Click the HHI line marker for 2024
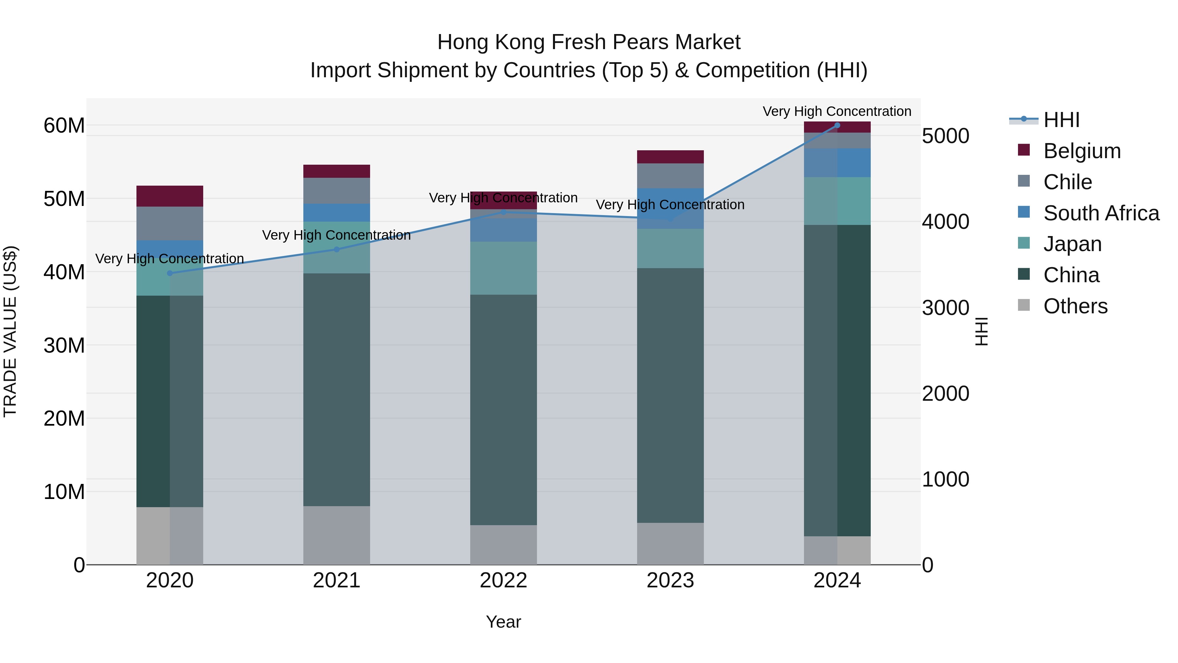[x=837, y=125]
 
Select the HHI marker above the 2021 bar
[x=337, y=249]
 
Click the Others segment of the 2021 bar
[x=337, y=535]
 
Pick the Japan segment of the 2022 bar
[x=504, y=268]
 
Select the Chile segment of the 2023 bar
[x=670, y=176]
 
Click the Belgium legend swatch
[x=1024, y=150]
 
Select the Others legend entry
[x=1075, y=306]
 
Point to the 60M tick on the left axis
[x=64, y=125]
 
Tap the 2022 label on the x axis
[x=504, y=580]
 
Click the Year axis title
[x=504, y=622]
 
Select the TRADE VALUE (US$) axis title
[x=10, y=331]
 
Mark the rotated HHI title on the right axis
[x=981, y=331]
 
